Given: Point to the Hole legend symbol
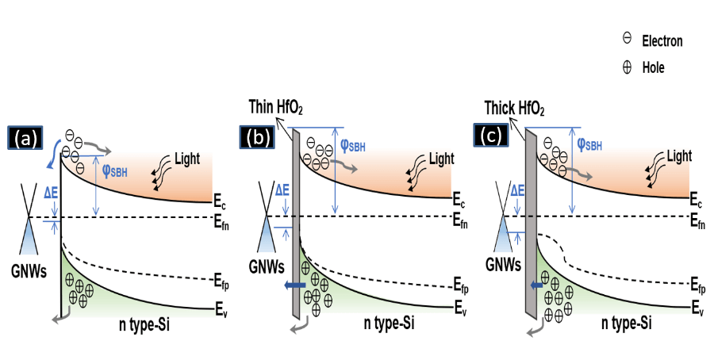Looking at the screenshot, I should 627,67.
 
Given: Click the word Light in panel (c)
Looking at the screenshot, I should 678,156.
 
